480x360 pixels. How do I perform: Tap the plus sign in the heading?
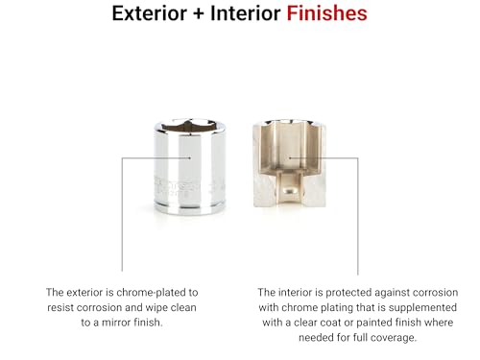click(x=201, y=15)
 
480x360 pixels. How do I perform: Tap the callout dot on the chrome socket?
click(x=191, y=158)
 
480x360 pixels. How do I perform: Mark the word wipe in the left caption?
click(x=165, y=308)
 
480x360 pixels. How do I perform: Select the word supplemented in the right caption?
click(x=417, y=308)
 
